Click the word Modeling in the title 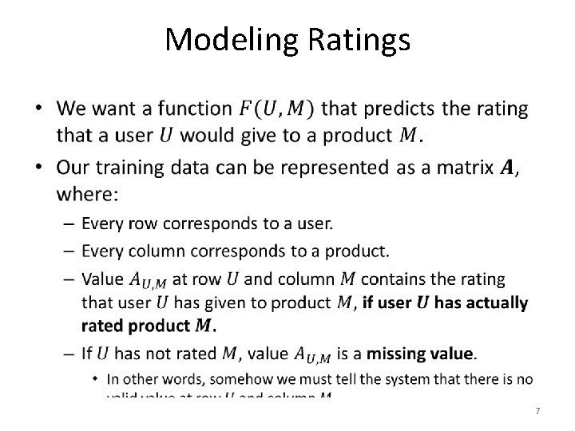pyautogui.click(x=224, y=39)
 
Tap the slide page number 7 pyautogui.click(x=537, y=410)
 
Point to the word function pyautogui.click(x=193, y=108)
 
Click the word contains pyautogui.click(x=398, y=279)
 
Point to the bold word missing pyautogui.click(x=375, y=353)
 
